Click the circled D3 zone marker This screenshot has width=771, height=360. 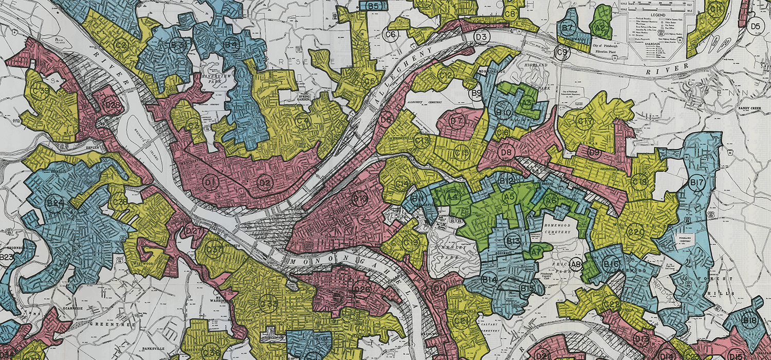(x=481, y=37)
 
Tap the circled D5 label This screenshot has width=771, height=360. (x=755, y=26)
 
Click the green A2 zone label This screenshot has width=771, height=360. (x=598, y=29)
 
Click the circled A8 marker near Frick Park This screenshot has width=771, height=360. (x=576, y=265)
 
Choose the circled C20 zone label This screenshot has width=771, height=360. (x=636, y=232)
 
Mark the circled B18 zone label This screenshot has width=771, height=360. (x=750, y=321)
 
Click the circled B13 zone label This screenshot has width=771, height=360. (x=513, y=241)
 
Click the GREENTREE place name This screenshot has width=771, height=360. (x=104, y=325)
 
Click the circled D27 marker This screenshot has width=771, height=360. (x=193, y=231)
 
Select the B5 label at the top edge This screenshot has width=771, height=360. (x=373, y=6)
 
